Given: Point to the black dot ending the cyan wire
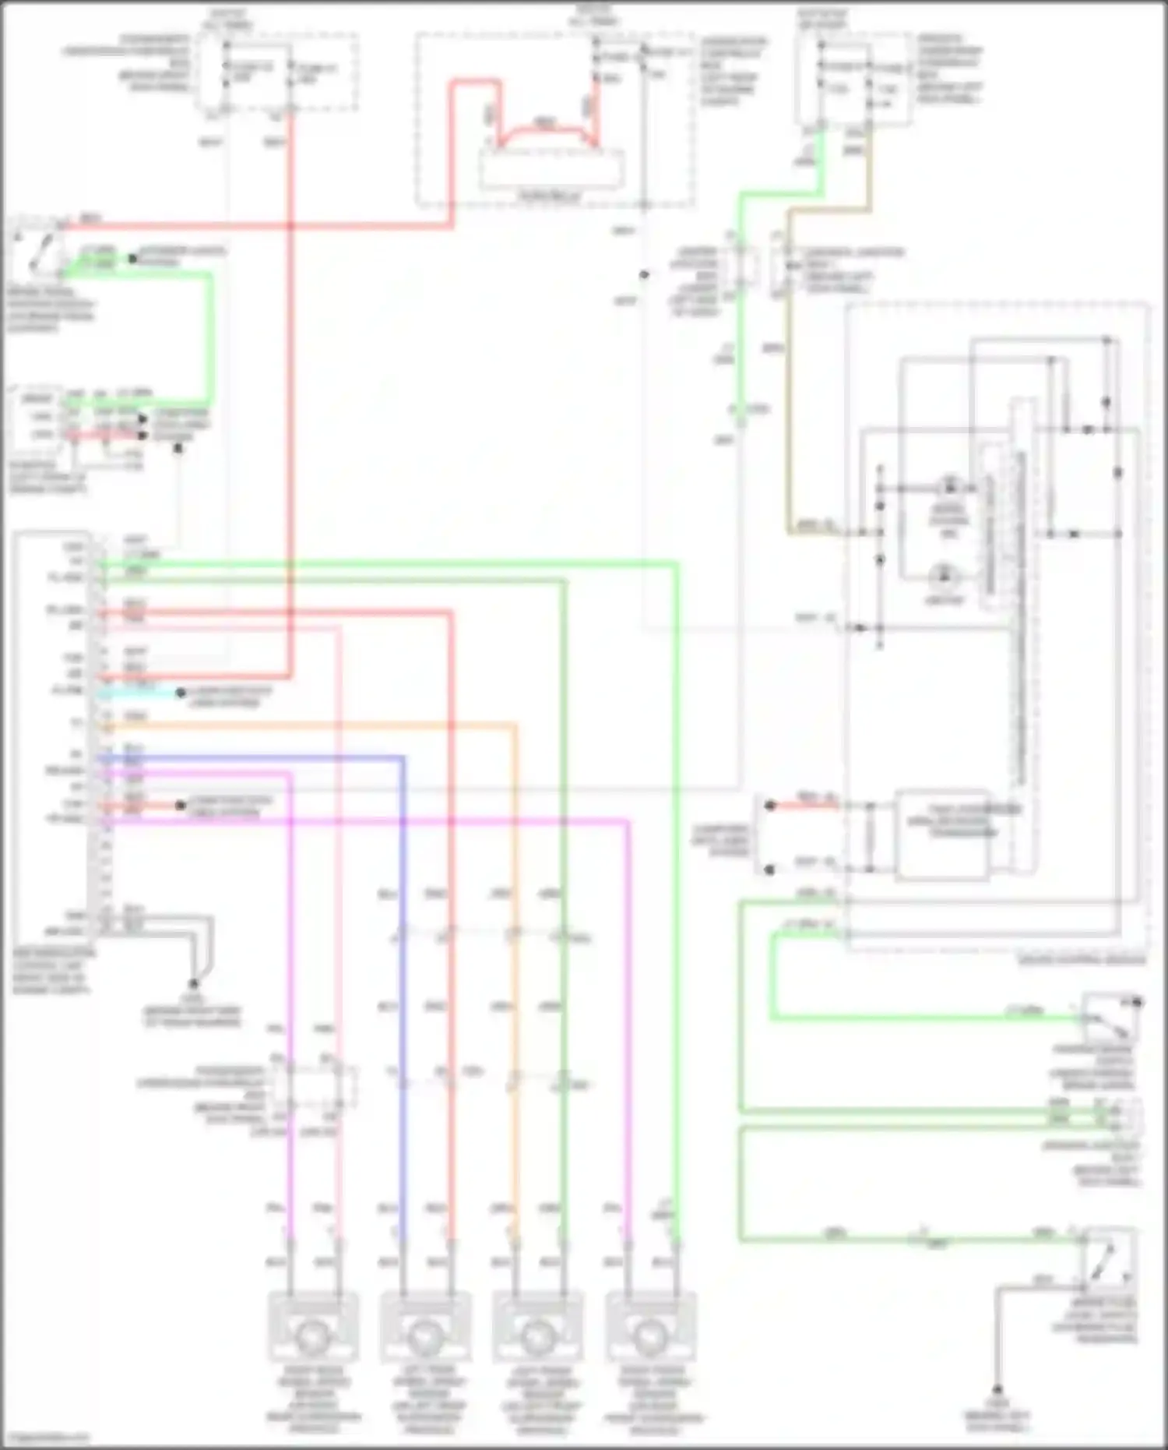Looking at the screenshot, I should coord(180,693).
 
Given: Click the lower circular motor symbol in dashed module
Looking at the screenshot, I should coord(944,577).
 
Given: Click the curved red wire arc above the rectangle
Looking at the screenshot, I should coord(545,129).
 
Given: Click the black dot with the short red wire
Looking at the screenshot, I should coord(769,806).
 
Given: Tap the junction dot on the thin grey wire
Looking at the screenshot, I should coord(644,274).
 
